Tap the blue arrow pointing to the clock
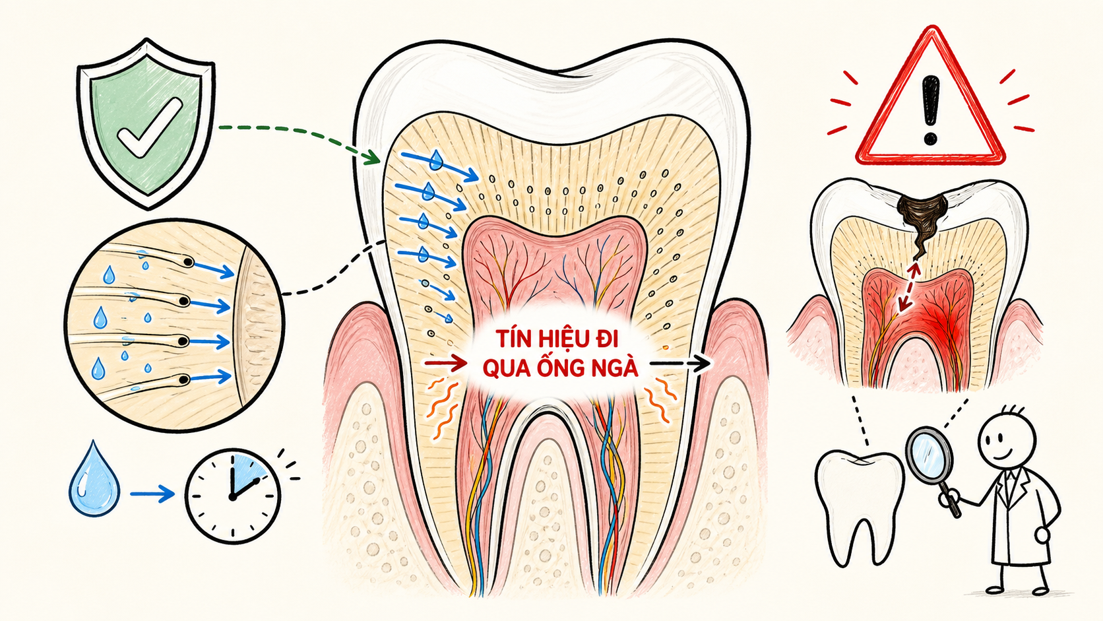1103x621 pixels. tap(152, 494)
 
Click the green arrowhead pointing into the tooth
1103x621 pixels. tap(372, 157)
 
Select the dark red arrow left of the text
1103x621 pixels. tap(446, 363)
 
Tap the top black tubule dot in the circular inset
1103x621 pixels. tap(188, 262)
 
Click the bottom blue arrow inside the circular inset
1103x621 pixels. tap(210, 377)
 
